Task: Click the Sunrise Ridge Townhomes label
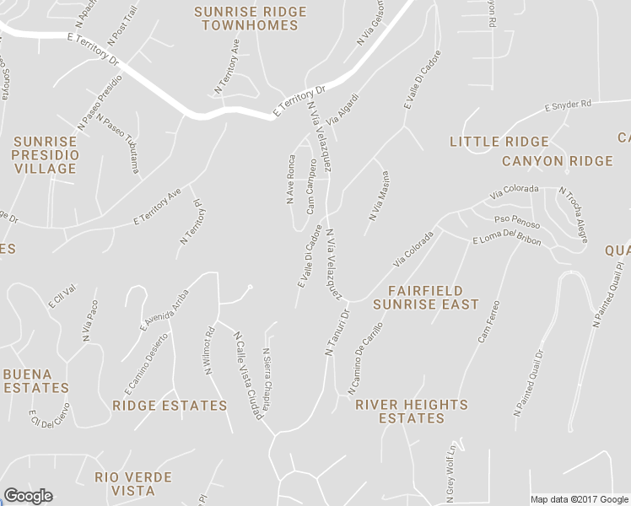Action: tap(246, 19)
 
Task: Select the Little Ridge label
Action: tap(499, 142)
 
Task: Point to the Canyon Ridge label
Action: tap(557, 161)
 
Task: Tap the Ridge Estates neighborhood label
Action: tap(170, 406)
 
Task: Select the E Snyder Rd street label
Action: tap(569, 105)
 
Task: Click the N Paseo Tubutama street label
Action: tap(119, 143)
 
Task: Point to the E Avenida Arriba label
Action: tap(164, 310)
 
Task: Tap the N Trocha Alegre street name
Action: tap(573, 211)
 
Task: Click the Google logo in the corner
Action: tap(28, 496)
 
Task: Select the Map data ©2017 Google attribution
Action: tap(579, 499)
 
